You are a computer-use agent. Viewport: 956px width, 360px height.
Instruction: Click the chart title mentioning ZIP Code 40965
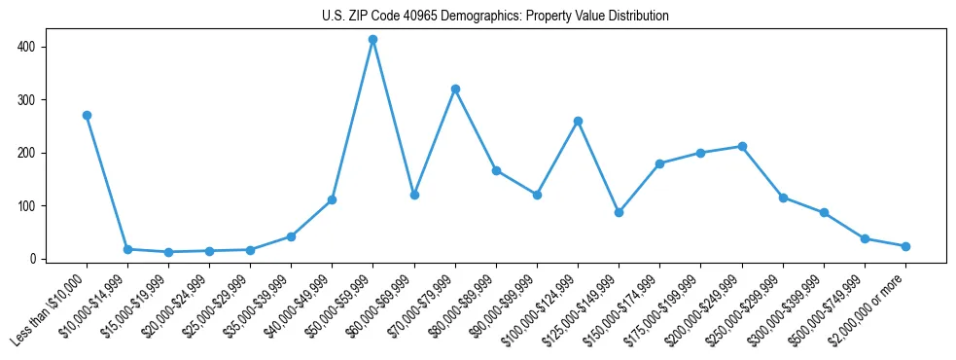pyautogui.click(x=495, y=17)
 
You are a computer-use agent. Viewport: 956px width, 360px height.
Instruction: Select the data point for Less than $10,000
pyautogui.click(x=87, y=115)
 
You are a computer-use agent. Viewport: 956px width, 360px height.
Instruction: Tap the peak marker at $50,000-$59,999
pyautogui.click(x=372, y=40)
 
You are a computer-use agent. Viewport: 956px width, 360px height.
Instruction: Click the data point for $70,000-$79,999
pyautogui.click(x=455, y=89)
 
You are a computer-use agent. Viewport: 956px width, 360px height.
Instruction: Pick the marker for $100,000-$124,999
pyautogui.click(x=578, y=121)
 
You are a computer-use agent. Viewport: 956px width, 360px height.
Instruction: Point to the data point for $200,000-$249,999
pyautogui.click(x=742, y=146)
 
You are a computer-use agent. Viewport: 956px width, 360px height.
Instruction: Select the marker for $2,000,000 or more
pyautogui.click(x=905, y=246)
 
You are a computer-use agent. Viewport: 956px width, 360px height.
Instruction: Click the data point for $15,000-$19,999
pyautogui.click(x=168, y=252)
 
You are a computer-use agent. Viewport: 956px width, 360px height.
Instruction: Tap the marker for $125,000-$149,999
pyautogui.click(x=619, y=212)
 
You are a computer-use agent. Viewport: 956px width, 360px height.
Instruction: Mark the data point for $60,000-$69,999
pyautogui.click(x=414, y=195)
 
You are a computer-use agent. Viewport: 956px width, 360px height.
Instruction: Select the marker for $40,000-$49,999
pyautogui.click(x=332, y=199)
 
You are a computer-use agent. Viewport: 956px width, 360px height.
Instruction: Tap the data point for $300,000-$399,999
pyautogui.click(x=824, y=212)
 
